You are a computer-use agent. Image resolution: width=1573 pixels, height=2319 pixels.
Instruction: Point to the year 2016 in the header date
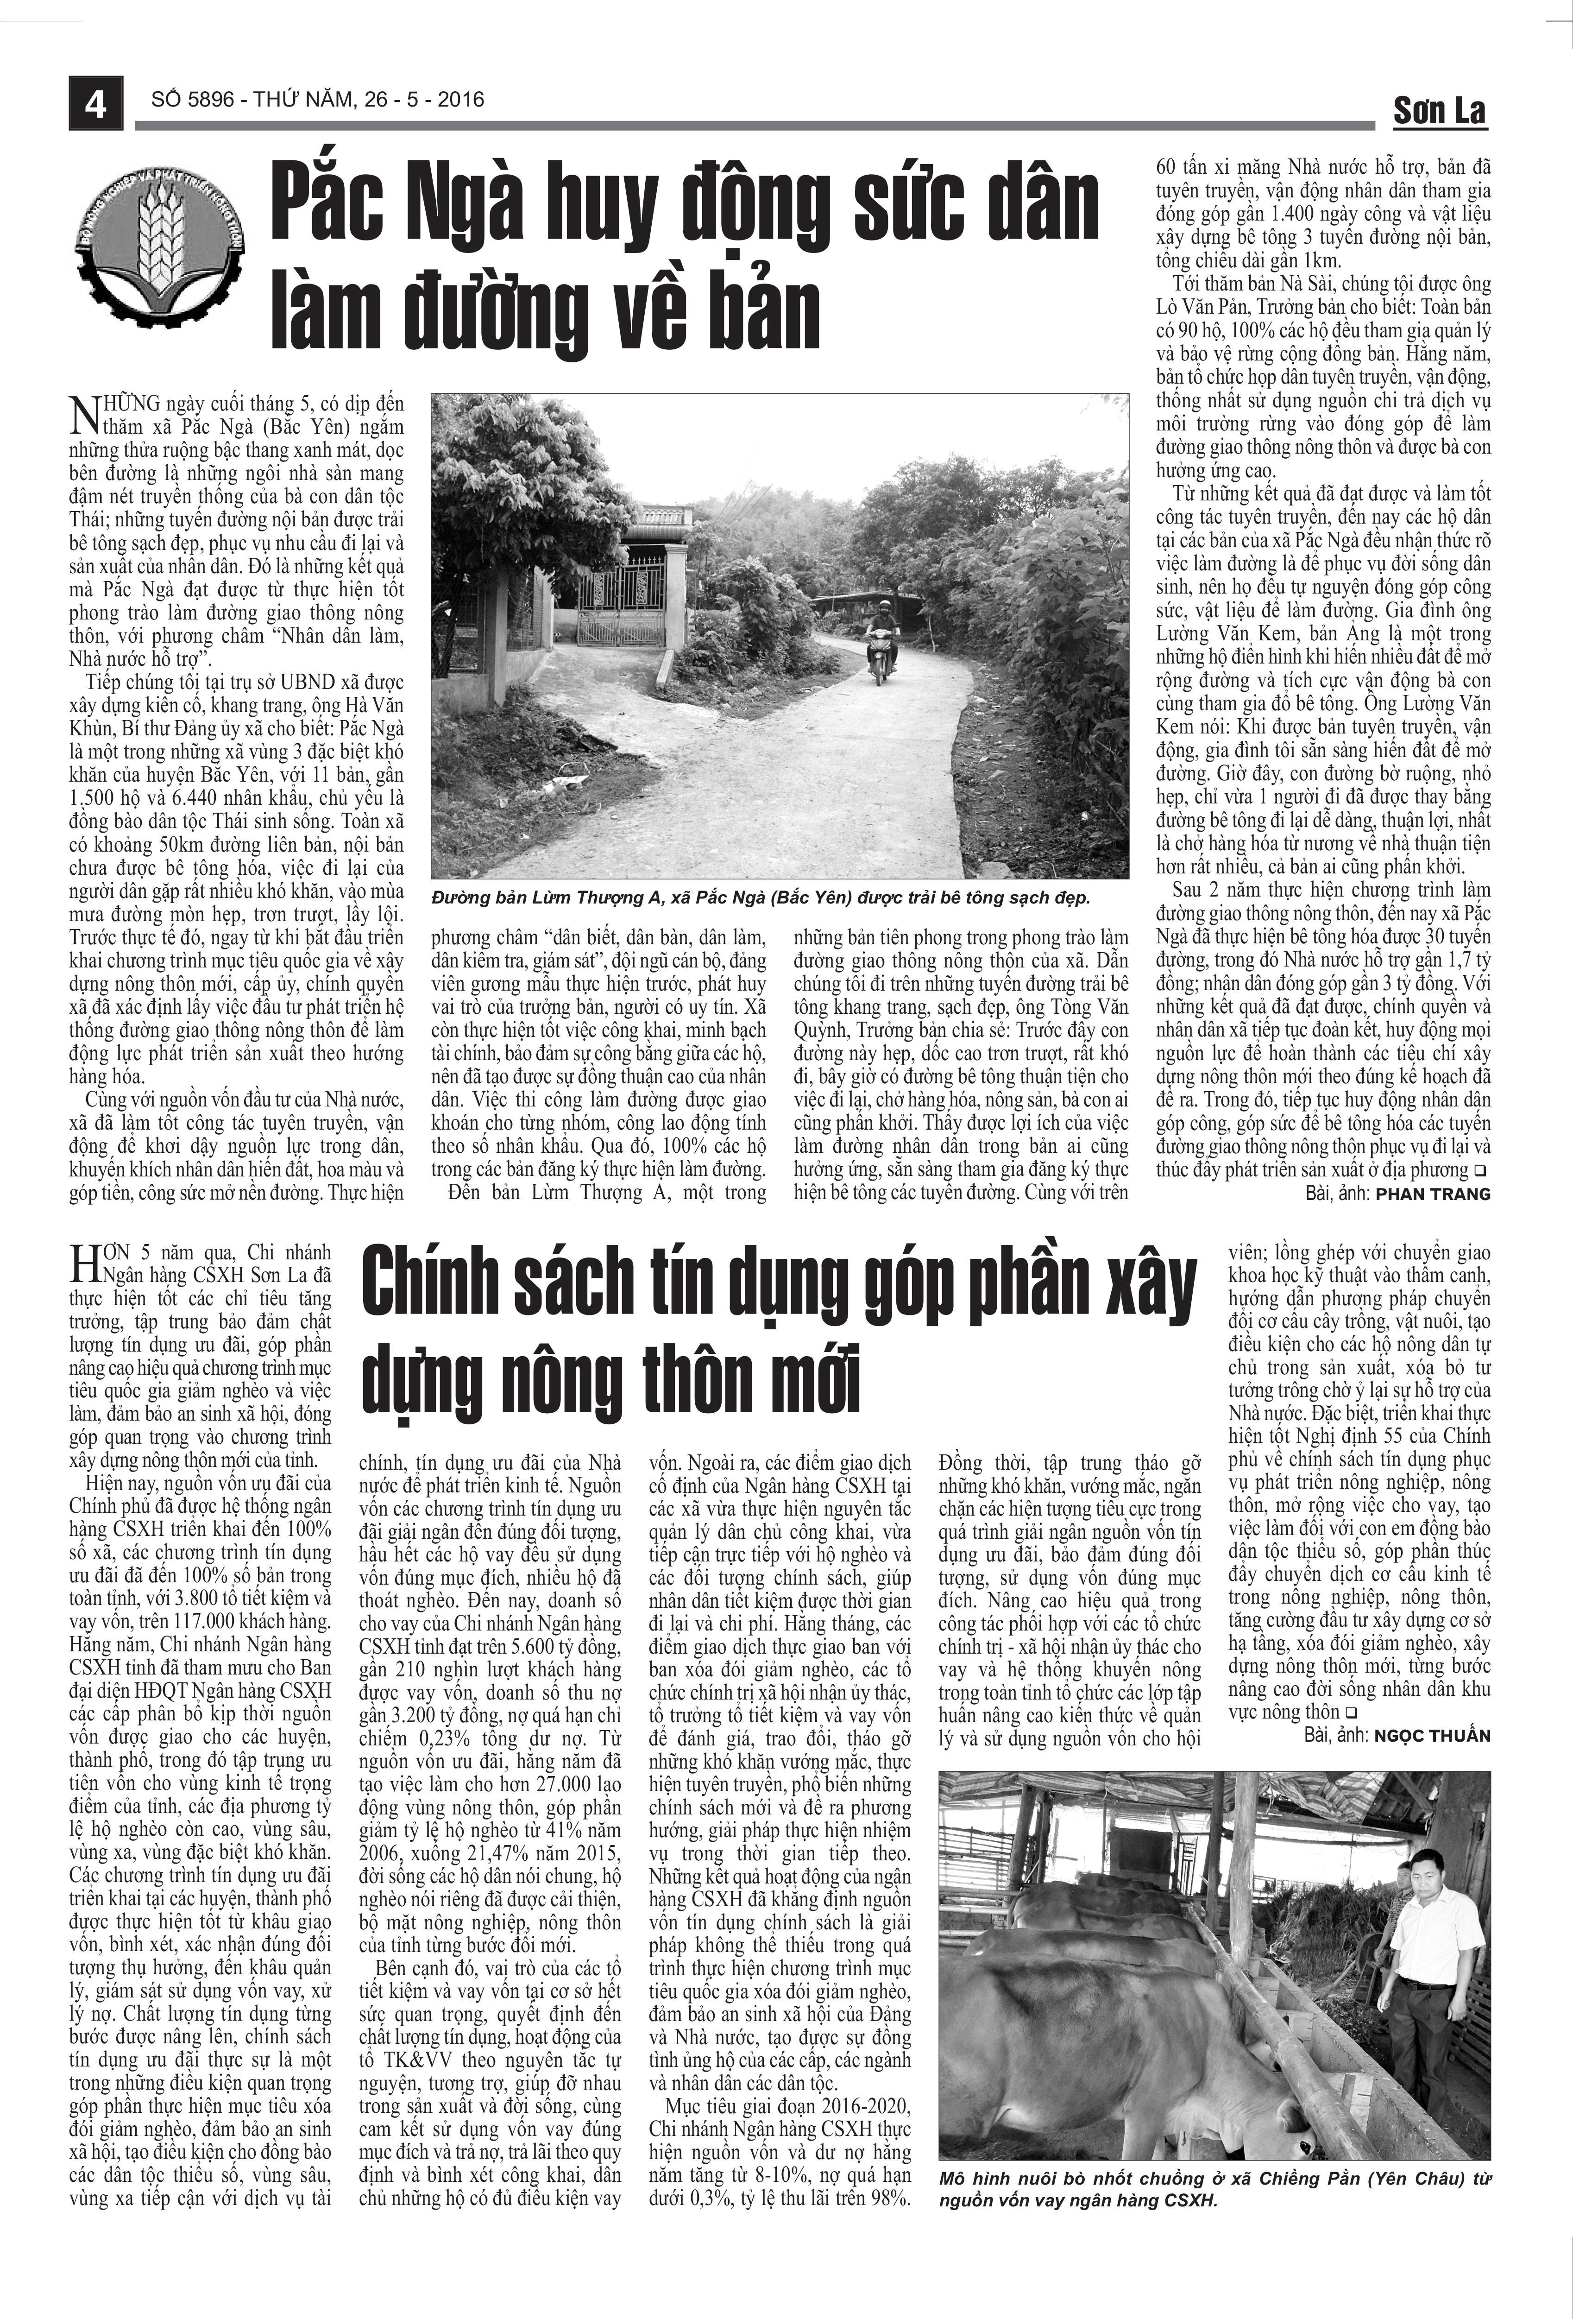[459, 100]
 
